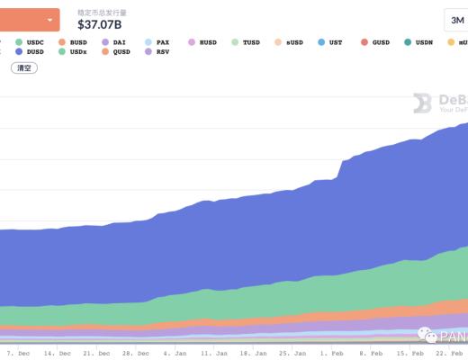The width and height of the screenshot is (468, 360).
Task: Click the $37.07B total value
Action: (100, 24)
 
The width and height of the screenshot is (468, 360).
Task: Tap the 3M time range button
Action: (455, 20)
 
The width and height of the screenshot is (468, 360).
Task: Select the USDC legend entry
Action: (30, 41)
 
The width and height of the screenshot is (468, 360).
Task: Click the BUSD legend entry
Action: (72, 41)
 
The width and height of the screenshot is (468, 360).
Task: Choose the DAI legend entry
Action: (114, 41)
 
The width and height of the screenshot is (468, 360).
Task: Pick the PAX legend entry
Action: (157, 41)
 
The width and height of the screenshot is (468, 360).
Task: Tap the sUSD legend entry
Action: (292, 41)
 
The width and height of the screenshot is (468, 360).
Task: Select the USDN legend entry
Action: (421, 41)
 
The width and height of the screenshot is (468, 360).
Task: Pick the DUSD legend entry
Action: (30, 52)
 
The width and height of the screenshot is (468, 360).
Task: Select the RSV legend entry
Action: (157, 52)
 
